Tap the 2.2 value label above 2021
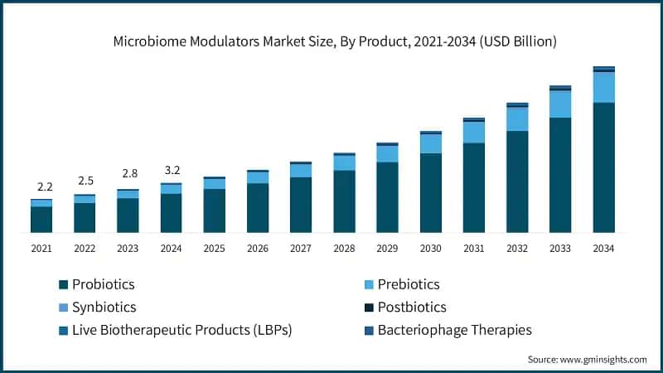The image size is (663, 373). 41,187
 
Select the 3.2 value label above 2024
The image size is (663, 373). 171,171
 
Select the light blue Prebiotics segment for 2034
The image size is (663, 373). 603,87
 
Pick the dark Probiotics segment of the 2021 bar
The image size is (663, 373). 41,219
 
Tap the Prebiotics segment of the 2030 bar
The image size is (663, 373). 430,143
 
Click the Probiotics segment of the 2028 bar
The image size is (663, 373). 344,201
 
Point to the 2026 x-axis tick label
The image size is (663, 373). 257,248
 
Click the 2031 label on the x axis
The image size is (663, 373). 473,248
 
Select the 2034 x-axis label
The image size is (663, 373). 603,248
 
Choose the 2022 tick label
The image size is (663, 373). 85,248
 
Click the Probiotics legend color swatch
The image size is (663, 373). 63,285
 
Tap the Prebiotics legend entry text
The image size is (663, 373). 408,284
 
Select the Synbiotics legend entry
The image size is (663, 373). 104,308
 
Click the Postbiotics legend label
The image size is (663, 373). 412,308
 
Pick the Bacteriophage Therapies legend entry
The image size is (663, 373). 454,330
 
